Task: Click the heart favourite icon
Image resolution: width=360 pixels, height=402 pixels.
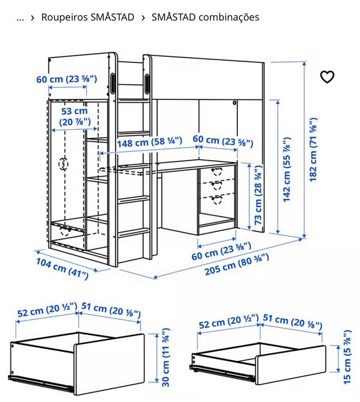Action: [327, 77]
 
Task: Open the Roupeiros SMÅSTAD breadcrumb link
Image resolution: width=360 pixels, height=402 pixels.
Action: [87, 17]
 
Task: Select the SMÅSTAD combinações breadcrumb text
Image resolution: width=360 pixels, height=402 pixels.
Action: [205, 17]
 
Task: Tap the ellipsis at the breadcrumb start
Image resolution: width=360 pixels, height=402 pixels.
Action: [20, 17]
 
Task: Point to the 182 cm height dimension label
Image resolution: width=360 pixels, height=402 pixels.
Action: [313, 150]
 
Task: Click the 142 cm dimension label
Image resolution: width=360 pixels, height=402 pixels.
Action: [287, 169]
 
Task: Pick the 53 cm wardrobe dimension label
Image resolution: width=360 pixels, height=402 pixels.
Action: [74, 116]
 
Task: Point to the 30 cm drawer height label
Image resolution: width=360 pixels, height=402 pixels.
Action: [166, 358]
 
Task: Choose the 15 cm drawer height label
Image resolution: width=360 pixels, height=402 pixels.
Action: [346, 357]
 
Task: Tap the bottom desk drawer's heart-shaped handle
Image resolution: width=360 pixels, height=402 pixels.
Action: [217, 199]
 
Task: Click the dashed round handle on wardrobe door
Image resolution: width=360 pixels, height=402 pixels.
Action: [63, 163]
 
